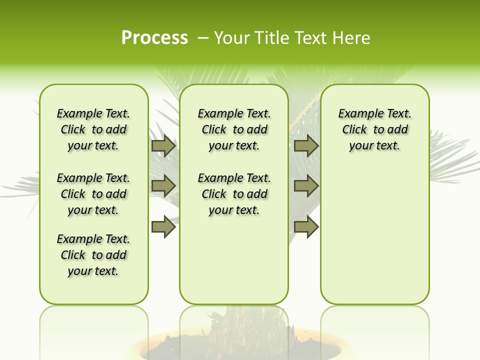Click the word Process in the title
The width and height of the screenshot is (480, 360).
pos(154,38)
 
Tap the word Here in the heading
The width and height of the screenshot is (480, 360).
pos(352,38)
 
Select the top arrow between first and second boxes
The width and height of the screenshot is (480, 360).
pos(163,146)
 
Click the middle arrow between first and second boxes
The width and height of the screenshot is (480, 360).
pos(163,186)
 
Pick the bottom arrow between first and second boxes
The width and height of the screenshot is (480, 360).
pos(163,226)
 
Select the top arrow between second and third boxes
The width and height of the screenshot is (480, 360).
pos(306,146)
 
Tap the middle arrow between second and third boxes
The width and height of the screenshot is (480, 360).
pos(306,186)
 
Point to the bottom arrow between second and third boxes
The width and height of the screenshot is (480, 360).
pos(306,226)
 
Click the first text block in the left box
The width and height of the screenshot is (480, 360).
pos(93,129)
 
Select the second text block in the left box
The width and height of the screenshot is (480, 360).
pos(93,194)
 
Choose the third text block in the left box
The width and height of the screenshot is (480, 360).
pos(93,255)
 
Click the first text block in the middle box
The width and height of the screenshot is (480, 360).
pos(234,129)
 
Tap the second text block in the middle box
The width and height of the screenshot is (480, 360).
pos(234,194)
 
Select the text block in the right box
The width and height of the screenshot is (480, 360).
pos(374,129)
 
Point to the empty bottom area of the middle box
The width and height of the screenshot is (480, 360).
pos(234,265)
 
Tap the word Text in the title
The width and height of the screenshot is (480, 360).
pos(311,38)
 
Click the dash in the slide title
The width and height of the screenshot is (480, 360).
pos(203,38)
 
